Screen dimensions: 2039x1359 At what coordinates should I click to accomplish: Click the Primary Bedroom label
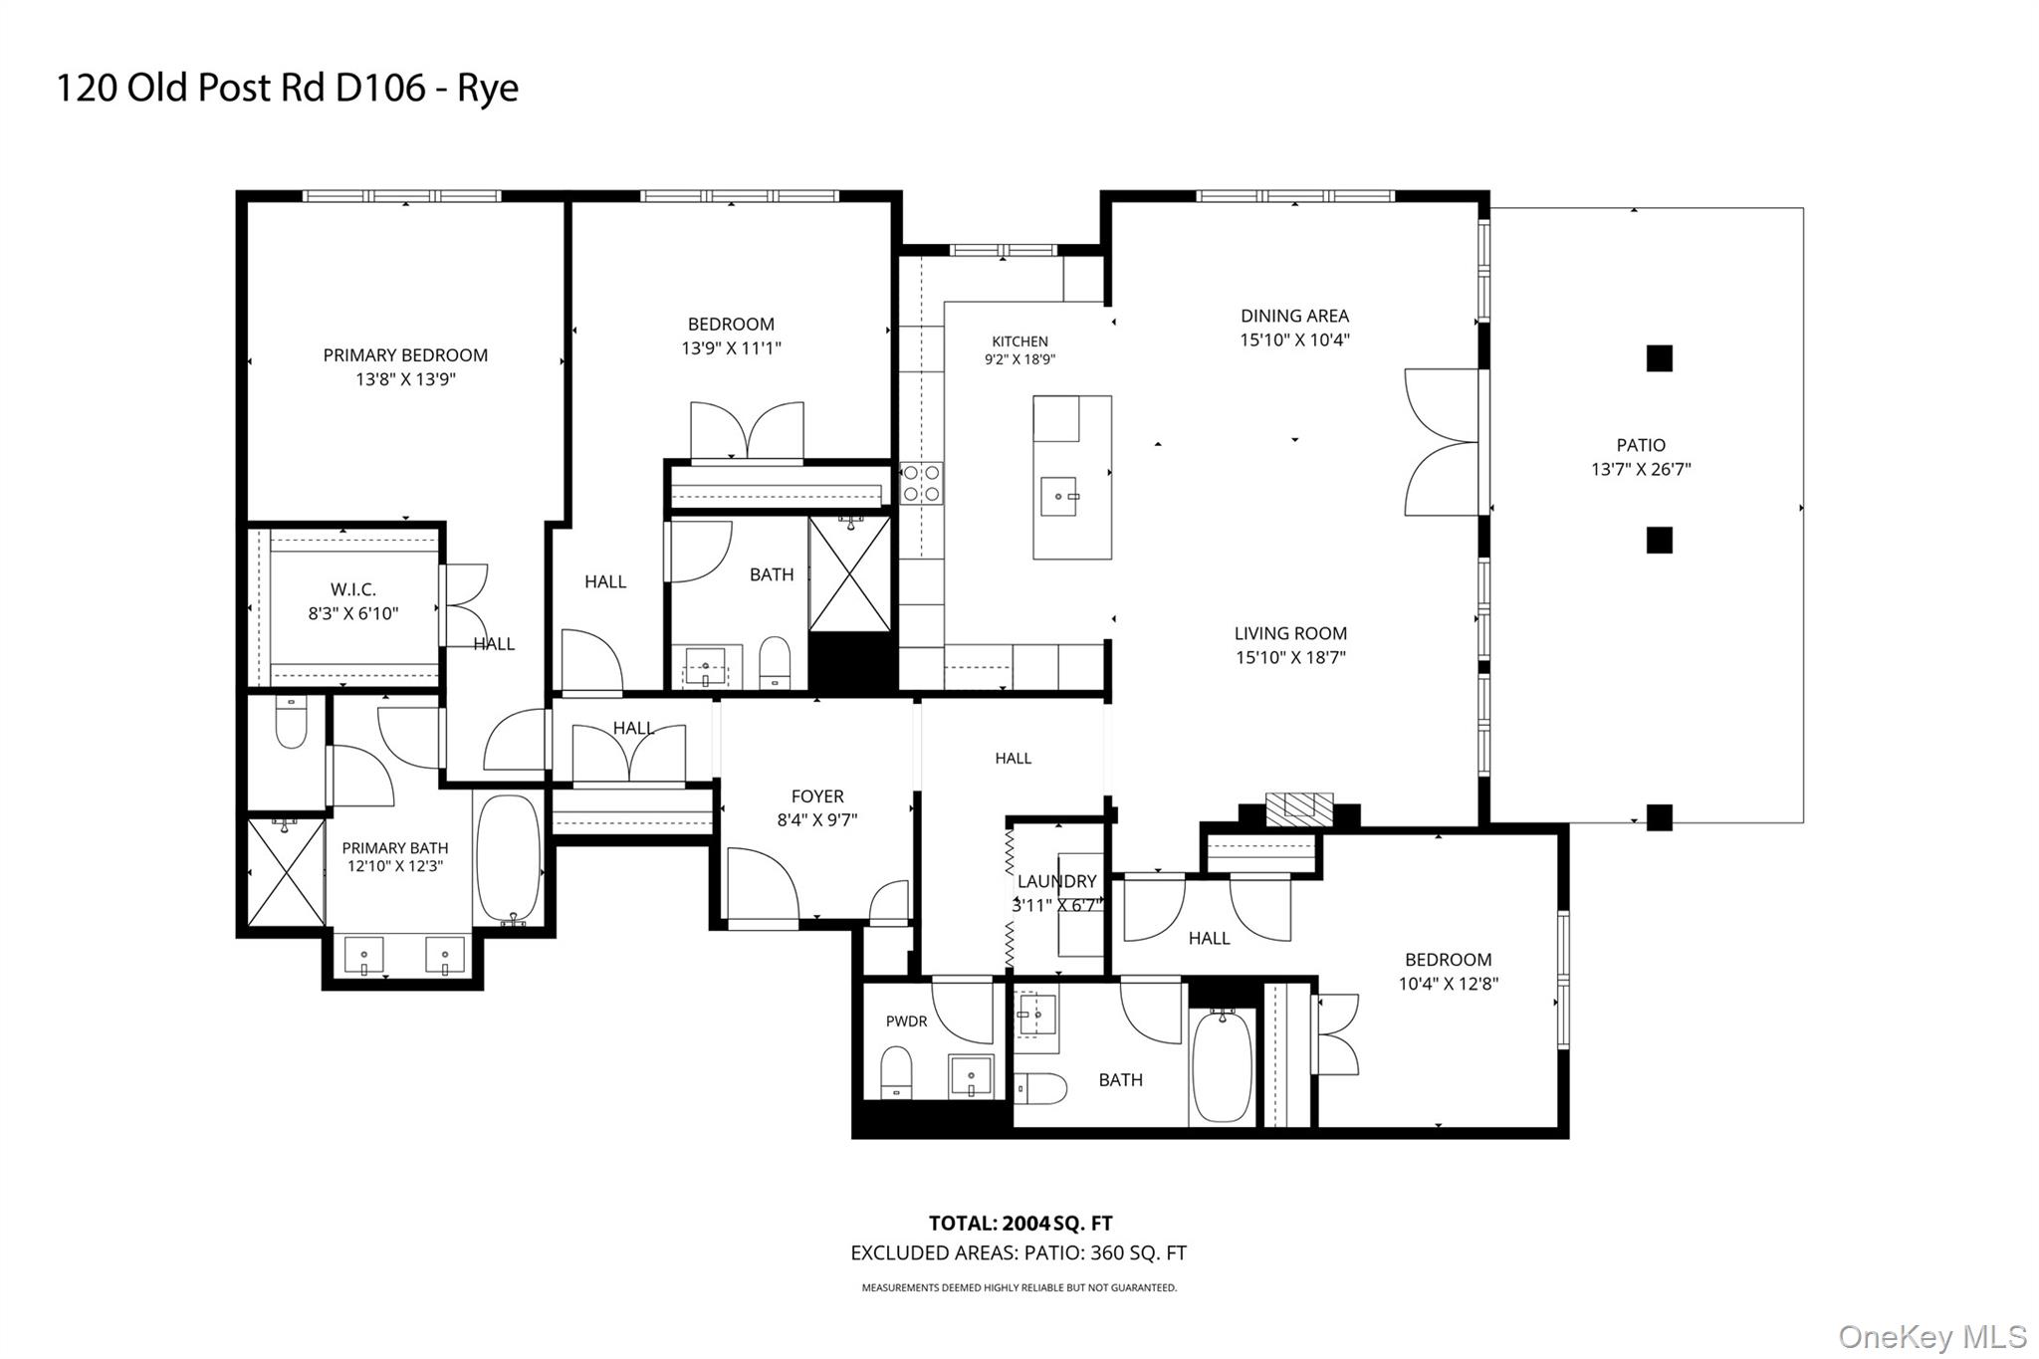(405, 354)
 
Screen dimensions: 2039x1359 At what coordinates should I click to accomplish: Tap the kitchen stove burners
(921, 483)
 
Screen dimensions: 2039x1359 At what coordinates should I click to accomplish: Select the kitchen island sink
(1059, 496)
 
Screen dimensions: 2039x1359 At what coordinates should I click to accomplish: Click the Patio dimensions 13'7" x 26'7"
(1641, 469)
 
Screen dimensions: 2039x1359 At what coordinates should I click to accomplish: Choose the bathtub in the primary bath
(509, 858)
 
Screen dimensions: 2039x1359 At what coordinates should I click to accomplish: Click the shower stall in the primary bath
(286, 872)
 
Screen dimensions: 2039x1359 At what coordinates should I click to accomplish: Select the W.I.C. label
(353, 589)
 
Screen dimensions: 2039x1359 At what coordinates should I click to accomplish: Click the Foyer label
(817, 796)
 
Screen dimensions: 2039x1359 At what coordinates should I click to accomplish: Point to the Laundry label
(1057, 881)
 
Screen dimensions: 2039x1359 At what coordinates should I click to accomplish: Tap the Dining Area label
(1294, 316)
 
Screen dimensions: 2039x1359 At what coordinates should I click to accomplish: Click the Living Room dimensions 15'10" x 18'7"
(1290, 657)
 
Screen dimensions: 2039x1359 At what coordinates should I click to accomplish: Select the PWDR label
(906, 1021)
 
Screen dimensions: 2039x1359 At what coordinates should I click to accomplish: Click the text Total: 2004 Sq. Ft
(1020, 1224)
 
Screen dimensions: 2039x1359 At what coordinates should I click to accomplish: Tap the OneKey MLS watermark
(1932, 1336)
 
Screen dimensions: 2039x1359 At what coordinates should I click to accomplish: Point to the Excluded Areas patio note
(1019, 1253)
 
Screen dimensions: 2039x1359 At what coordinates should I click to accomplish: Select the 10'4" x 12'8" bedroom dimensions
(1449, 984)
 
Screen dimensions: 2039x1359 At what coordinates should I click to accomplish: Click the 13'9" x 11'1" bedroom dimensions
(731, 348)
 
